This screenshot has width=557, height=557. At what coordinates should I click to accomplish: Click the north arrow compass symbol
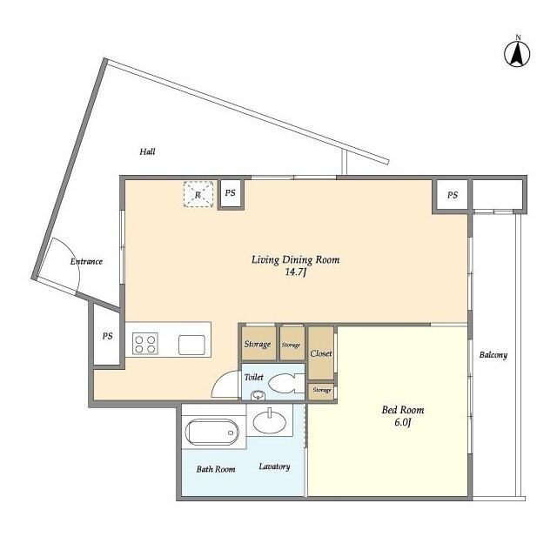(x=517, y=53)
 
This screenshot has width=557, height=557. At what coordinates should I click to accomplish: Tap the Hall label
(x=147, y=152)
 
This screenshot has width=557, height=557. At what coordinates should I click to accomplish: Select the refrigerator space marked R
(x=198, y=194)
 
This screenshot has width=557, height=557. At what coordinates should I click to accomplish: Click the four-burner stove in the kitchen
(x=145, y=344)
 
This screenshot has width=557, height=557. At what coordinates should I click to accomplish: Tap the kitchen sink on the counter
(x=191, y=345)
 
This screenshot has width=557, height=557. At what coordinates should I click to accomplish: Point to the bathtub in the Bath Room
(x=212, y=432)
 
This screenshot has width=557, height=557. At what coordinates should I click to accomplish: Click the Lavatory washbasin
(x=270, y=421)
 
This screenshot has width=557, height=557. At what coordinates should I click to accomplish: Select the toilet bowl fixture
(x=286, y=384)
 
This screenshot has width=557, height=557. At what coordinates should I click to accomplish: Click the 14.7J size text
(x=296, y=272)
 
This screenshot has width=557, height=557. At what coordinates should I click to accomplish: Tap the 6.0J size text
(x=403, y=423)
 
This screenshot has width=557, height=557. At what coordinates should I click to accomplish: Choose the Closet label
(x=321, y=353)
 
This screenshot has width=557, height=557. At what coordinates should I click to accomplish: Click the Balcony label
(x=493, y=355)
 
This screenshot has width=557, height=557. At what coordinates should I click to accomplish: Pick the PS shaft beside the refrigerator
(x=231, y=193)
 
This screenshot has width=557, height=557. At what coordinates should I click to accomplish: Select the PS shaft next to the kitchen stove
(x=107, y=336)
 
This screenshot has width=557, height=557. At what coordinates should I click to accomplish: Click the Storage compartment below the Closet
(x=321, y=391)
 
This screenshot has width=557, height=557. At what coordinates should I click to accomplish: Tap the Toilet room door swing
(x=225, y=384)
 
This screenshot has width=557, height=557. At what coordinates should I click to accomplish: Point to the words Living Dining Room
(x=296, y=259)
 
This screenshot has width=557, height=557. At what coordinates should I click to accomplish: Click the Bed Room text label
(x=403, y=410)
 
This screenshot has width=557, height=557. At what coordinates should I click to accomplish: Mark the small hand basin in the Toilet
(x=258, y=395)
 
